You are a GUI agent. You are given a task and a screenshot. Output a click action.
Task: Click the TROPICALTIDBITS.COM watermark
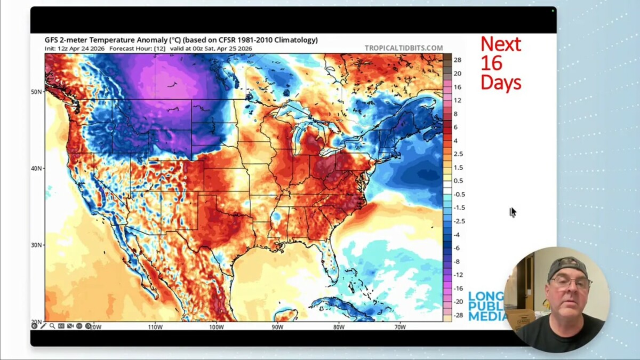[404, 48]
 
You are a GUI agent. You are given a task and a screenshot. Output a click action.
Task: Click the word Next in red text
[500, 44]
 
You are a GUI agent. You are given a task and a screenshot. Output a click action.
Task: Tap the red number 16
[491, 63]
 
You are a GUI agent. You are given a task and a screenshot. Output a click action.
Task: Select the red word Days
[500, 82]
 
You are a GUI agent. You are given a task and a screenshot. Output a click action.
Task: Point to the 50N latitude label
[36, 92]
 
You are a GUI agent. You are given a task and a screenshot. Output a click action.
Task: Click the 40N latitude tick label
[36, 169]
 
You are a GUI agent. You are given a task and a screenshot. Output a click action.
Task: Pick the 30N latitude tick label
[36, 245]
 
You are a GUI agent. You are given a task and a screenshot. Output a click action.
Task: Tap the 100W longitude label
[216, 327]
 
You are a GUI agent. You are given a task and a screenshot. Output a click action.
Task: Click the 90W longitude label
[277, 327]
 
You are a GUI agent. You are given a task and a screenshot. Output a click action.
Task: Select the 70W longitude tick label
[400, 327]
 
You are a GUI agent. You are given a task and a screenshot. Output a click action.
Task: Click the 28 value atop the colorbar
[458, 60]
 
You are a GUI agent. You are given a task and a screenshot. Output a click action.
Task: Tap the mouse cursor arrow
[513, 212]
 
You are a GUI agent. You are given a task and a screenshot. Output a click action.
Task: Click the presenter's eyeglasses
[570, 282]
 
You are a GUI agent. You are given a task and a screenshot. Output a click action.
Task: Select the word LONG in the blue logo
[485, 296]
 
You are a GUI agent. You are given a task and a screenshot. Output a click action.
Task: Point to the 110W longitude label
[155, 327]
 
